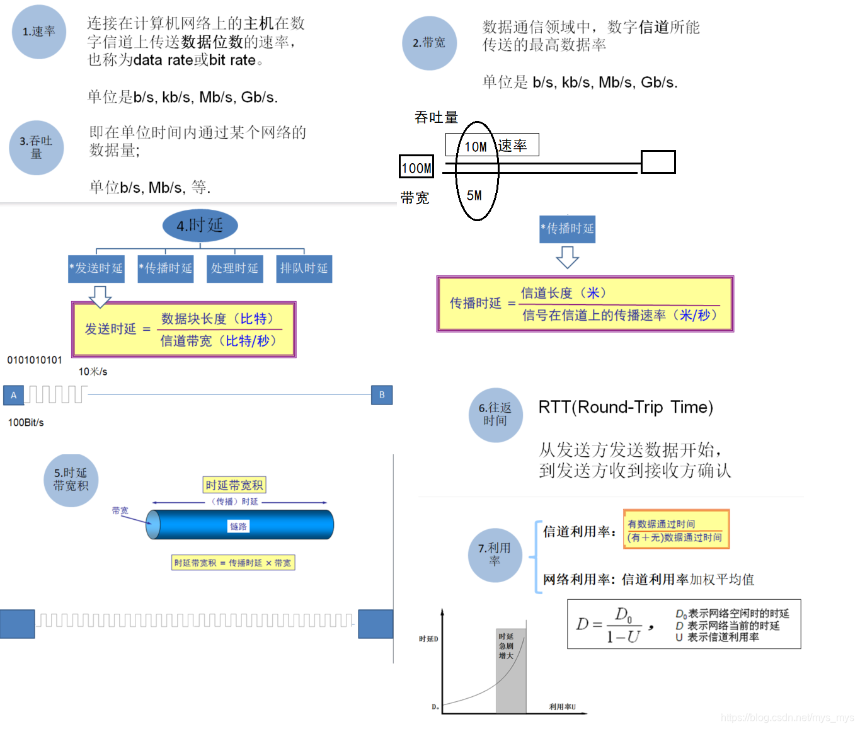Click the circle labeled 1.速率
[x=39, y=32]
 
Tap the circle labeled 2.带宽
[x=429, y=43]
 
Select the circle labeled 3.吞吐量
[x=37, y=147]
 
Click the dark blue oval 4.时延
[x=200, y=226]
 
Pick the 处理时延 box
[x=234, y=268]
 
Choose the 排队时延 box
[x=304, y=268]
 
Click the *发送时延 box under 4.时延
[x=96, y=268]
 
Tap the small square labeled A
[x=13, y=395]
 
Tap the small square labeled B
[x=382, y=395]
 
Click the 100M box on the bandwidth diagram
[x=416, y=168]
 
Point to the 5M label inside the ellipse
[x=474, y=196]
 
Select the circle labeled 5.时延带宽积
[x=71, y=480]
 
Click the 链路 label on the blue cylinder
[x=238, y=526]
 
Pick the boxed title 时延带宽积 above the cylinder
[x=234, y=485]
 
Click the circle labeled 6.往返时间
[x=495, y=415]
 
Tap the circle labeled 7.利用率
[x=495, y=554]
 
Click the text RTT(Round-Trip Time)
[x=625, y=407]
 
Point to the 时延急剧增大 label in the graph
[x=506, y=646]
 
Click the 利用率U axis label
[x=562, y=707]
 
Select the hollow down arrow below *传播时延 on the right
[x=567, y=256]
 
